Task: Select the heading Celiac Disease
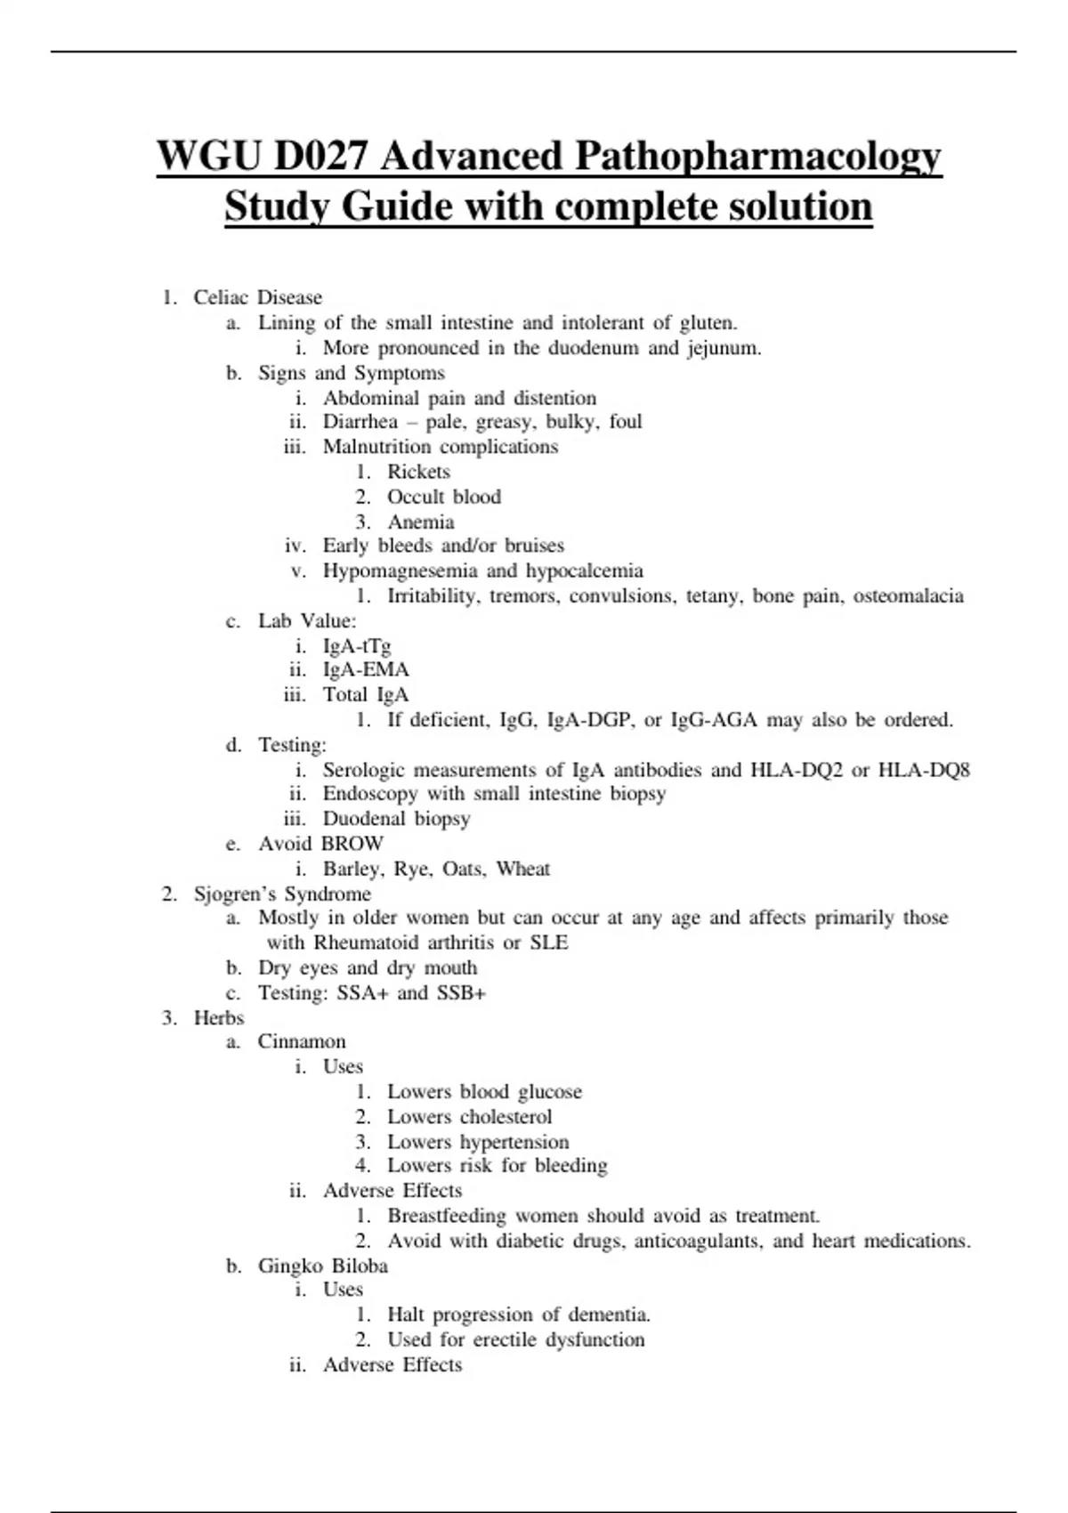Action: (x=257, y=297)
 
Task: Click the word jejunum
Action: (x=724, y=348)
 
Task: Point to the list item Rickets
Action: (x=418, y=472)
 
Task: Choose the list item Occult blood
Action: (x=443, y=497)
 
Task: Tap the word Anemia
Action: (x=420, y=522)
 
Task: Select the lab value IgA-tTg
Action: (x=356, y=645)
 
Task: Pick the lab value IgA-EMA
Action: (x=365, y=669)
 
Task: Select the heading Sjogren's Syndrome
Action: (x=282, y=894)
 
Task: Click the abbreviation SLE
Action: (x=548, y=943)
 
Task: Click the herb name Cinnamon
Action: (x=302, y=1041)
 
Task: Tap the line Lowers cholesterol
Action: (x=469, y=1117)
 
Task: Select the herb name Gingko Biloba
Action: (x=322, y=1266)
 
